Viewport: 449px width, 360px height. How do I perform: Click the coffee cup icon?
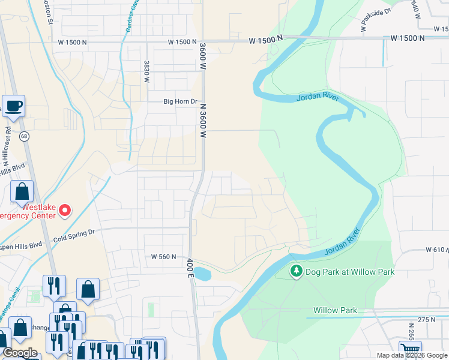14,106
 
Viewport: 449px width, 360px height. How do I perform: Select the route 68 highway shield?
24,136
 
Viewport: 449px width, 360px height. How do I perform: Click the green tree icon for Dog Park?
296,272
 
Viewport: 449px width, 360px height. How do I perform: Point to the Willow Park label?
335,311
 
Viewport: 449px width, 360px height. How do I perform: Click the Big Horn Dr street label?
180,101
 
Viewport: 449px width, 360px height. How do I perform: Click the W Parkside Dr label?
376,17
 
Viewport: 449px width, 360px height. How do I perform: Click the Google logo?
20,352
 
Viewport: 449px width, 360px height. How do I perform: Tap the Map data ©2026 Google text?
411,355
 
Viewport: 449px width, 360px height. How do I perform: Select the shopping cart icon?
410,350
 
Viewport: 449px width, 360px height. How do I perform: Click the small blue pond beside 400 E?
203,274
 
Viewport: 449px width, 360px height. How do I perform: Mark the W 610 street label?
436,249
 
